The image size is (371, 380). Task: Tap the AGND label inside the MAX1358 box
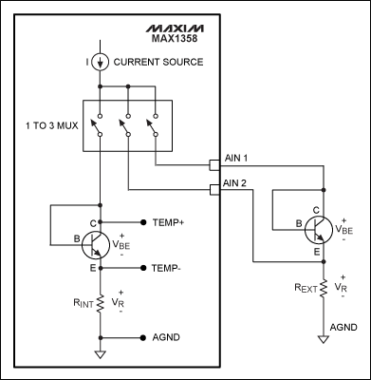167,337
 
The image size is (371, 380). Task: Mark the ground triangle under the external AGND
323,336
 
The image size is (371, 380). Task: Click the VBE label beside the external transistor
346,229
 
